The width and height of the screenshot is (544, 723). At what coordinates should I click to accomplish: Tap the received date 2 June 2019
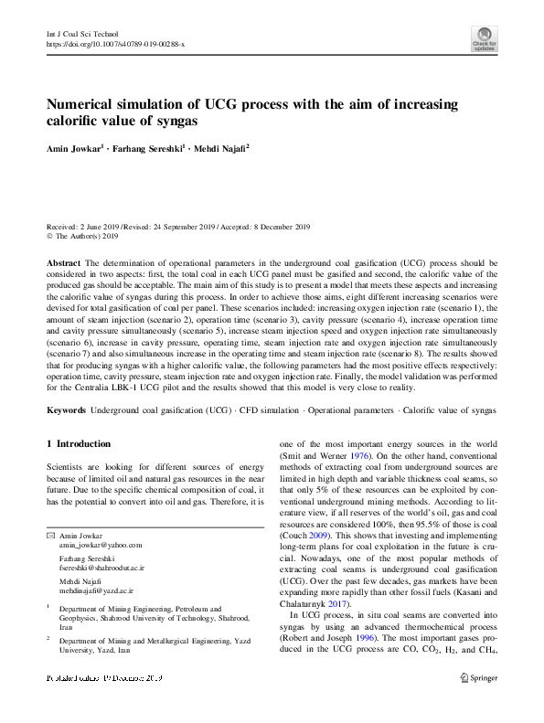pyautogui.click(x=98, y=226)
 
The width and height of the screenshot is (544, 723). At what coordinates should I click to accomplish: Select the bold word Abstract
pyautogui.click(x=64, y=261)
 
